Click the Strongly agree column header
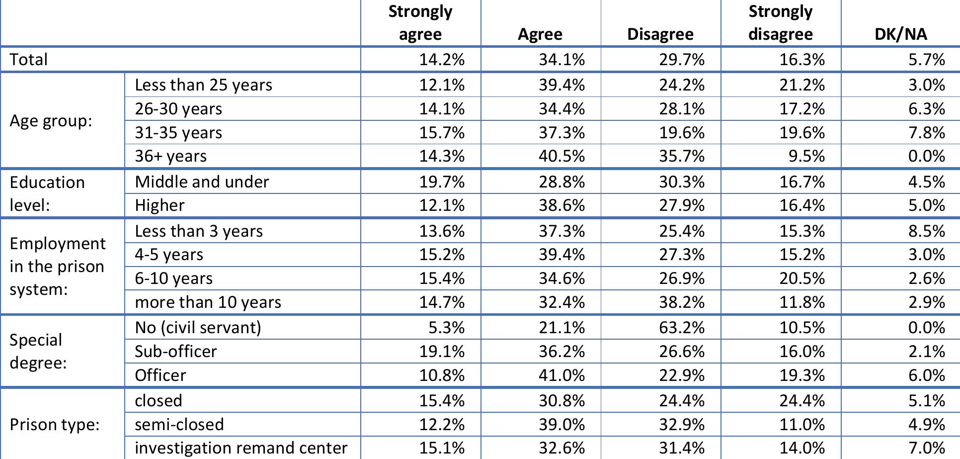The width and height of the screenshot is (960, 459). (420, 23)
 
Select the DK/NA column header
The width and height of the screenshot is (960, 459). (900, 34)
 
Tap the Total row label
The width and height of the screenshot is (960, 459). (29, 60)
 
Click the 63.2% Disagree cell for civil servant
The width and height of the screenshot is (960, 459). (681, 328)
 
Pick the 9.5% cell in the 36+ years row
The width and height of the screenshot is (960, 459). (806, 156)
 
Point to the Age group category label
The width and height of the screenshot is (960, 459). (51, 121)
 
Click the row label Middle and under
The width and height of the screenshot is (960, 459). (202, 182)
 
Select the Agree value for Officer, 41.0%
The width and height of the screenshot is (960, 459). (561, 375)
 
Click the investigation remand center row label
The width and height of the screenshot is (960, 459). (241, 448)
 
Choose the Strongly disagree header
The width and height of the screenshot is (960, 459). (781, 23)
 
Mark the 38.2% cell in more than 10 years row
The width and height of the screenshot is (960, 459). (681, 302)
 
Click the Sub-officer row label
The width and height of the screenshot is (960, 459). (176, 352)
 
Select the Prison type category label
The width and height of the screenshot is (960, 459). (55, 425)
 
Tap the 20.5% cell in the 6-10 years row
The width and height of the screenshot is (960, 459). (801, 278)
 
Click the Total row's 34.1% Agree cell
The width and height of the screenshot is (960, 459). (561, 60)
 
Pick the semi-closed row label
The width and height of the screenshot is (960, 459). (179, 425)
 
